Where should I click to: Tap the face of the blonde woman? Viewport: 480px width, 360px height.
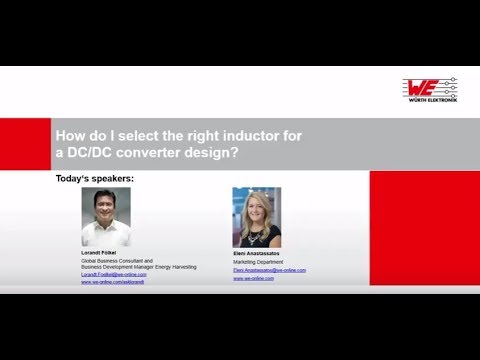click(x=257, y=210)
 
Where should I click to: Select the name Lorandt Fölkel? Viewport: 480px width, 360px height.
click(x=100, y=254)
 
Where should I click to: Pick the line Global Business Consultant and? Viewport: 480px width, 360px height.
click(x=115, y=262)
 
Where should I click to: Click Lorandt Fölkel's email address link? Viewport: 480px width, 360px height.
click(x=113, y=275)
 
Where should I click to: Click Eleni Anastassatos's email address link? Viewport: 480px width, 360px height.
click(x=269, y=270)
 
